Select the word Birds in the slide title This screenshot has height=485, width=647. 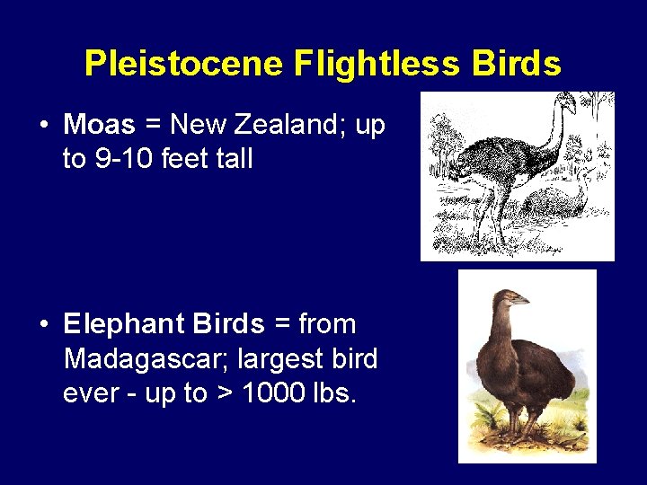516,64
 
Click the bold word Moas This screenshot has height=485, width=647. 99,125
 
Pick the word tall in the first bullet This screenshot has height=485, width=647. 233,160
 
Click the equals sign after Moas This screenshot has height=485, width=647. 153,126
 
